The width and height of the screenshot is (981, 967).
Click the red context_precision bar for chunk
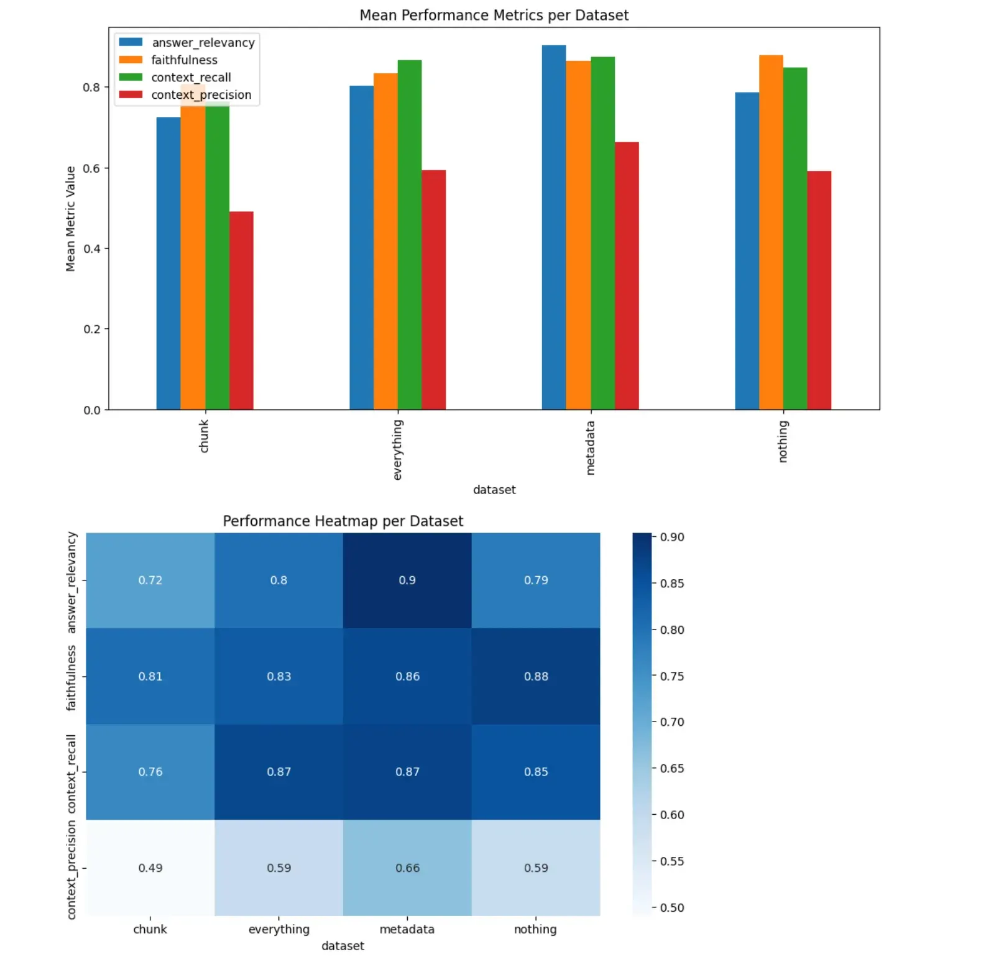[x=241, y=311]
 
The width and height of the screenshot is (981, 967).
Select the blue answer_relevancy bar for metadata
[x=553, y=227]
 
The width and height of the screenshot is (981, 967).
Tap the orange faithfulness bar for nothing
[x=770, y=232]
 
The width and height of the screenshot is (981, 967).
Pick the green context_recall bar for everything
[x=409, y=235]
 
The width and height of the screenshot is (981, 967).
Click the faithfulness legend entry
[x=184, y=60]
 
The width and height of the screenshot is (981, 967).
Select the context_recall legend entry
[x=190, y=78]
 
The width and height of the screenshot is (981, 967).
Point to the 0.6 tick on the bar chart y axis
[x=92, y=168]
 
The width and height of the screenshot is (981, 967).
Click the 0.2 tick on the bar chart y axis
[x=92, y=329]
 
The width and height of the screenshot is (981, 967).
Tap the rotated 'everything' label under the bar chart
[x=398, y=449]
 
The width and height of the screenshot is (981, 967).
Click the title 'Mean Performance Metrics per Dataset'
[x=494, y=15]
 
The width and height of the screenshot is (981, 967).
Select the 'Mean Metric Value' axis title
[x=70, y=218]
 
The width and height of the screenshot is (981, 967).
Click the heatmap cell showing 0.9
[x=407, y=580]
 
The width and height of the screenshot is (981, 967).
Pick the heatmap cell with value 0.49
[x=150, y=868]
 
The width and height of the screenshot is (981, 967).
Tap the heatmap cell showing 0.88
[x=536, y=676]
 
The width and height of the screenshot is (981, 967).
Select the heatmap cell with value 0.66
[x=407, y=868]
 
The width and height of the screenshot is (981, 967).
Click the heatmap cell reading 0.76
[x=150, y=772]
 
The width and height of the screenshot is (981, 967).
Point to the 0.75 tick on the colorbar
[x=671, y=676]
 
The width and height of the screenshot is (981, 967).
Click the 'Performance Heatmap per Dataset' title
[x=343, y=521]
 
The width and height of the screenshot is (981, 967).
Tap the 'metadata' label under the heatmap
[x=407, y=929]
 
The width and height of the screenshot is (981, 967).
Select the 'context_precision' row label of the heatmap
[x=71, y=869]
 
